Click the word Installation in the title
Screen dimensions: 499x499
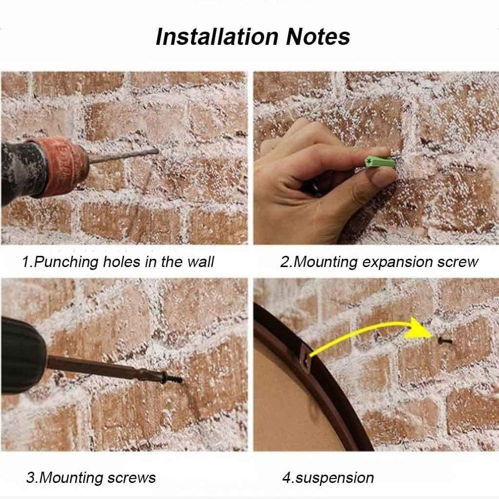click(217, 37)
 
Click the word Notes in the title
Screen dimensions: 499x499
click(318, 37)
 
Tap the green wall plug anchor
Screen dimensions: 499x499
click(380, 162)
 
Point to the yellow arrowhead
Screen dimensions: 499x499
click(418, 328)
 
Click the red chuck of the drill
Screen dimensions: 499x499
click(62, 166)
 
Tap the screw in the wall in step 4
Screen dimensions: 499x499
click(445, 341)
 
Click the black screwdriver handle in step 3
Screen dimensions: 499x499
click(23, 355)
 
